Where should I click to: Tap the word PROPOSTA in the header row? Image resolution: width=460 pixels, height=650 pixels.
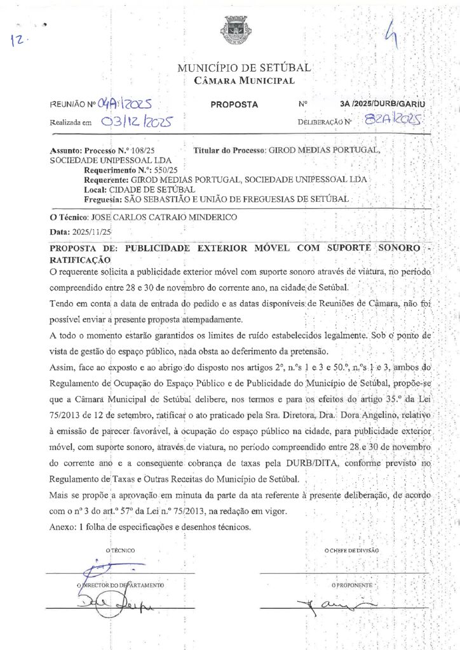[x=234, y=104]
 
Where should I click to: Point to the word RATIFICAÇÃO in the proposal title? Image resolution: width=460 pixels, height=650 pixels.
[x=80, y=260]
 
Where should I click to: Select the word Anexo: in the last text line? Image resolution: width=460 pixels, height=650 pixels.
[x=62, y=527]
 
